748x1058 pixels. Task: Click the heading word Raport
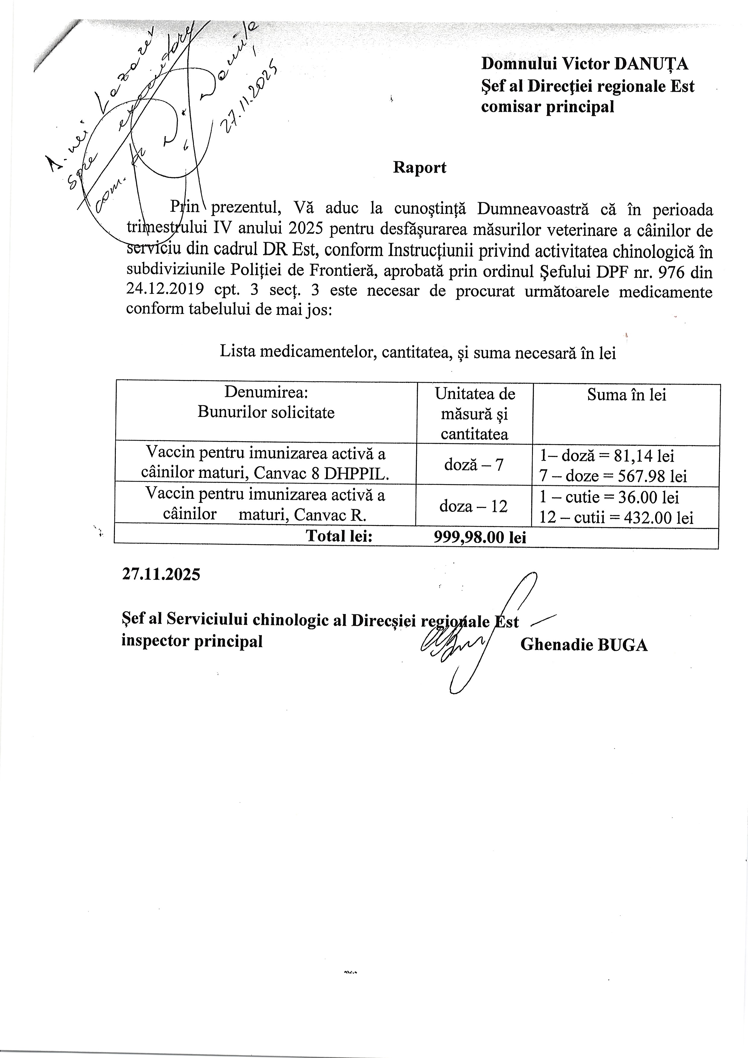point(420,167)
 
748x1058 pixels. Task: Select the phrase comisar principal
point(547,107)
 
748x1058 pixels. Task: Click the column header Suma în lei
point(626,395)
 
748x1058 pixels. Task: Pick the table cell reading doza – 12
point(473,506)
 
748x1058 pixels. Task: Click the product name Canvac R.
point(330,514)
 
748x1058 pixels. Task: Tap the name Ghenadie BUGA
point(584,645)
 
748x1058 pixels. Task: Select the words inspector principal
point(192,641)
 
